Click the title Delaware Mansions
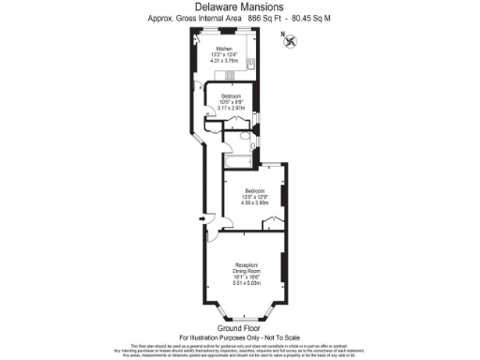click(x=239, y=7)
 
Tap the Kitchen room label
click(x=224, y=49)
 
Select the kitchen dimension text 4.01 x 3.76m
click(x=225, y=62)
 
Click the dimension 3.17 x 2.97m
click(x=232, y=109)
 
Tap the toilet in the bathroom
click(x=245, y=137)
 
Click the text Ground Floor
click(x=238, y=328)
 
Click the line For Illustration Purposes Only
click(x=238, y=337)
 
